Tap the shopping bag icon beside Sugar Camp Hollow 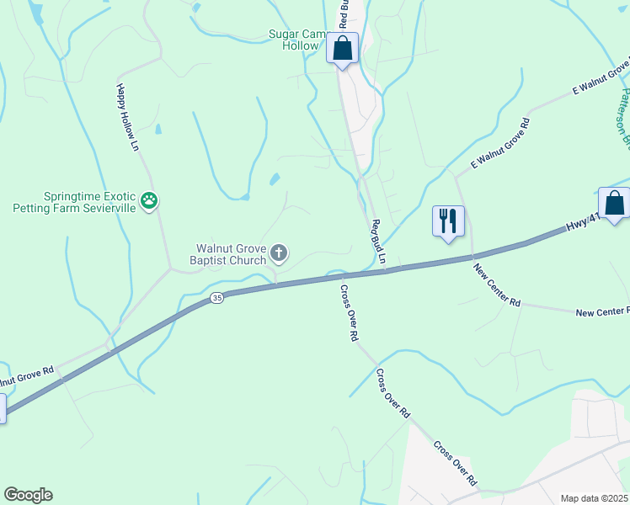pyautogui.click(x=342, y=49)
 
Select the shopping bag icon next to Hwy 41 pyautogui.click(x=614, y=204)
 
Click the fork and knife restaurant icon pyautogui.click(x=448, y=221)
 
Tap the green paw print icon pyautogui.click(x=150, y=200)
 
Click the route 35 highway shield pyautogui.click(x=217, y=298)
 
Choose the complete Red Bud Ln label pyautogui.click(x=378, y=242)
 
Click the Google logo pyautogui.click(x=28, y=495)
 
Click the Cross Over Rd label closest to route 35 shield pyautogui.click(x=349, y=311)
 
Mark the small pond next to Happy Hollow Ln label pyautogui.click(x=158, y=130)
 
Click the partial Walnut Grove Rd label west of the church pyautogui.click(x=29, y=371)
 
